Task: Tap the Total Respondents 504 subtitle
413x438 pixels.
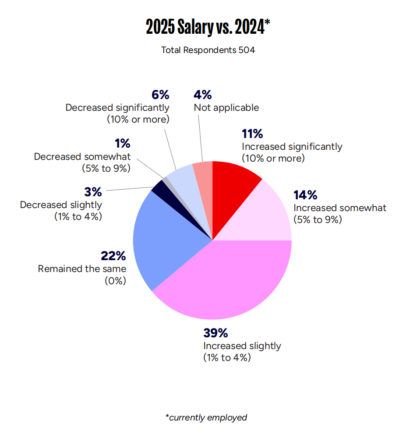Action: pyautogui.click(x=208, y=50)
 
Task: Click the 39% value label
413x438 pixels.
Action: pyautogui.click(x=215, y=333)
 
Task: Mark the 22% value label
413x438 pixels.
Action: pyautogui.click(x=113, y=256)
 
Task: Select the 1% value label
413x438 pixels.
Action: pyautogui.click(x=122, y=143)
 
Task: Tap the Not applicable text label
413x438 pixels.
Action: pyautogui.click(x=226, y=108)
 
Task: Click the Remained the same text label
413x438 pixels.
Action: pyautogui.click(x=82, y=269)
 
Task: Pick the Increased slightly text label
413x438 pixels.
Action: pyautogui.click(x=242, y=346)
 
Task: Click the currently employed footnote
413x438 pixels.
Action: pyautogui.click(x=206, y=417)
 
